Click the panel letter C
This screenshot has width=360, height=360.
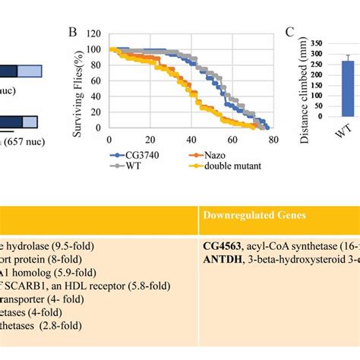[x=289, y=33]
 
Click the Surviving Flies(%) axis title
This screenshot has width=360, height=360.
[x=77, y=84]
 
